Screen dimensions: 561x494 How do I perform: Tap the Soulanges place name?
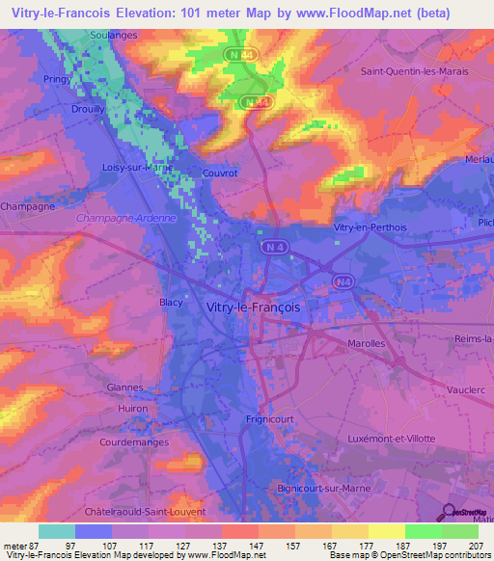point(113,34)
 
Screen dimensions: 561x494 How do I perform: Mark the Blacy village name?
point(171,302)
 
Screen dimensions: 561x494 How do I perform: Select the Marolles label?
point(366,342)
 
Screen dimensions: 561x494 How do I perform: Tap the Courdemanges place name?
point(133,442)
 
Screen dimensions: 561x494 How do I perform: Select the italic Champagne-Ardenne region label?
point(125,218)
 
